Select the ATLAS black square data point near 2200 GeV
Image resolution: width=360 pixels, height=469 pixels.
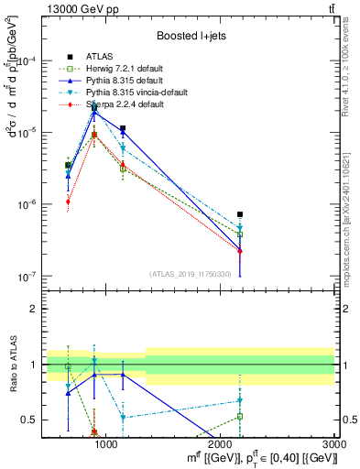(x=240, y=214)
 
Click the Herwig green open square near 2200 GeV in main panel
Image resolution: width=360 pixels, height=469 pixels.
(x=240, y=234)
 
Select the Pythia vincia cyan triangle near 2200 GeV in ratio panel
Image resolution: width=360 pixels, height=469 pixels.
(x=240, y=400)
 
